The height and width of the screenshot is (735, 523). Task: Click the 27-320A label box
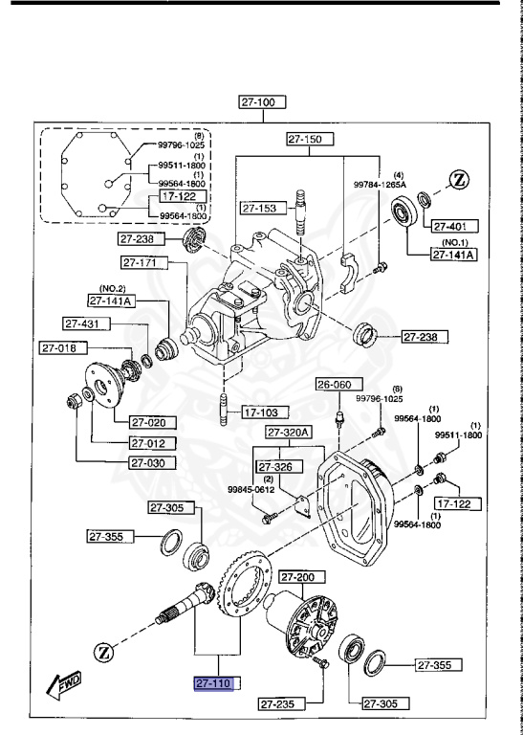click(x=290, y=433)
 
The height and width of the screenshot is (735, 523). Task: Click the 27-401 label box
click(x=451, y=226)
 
